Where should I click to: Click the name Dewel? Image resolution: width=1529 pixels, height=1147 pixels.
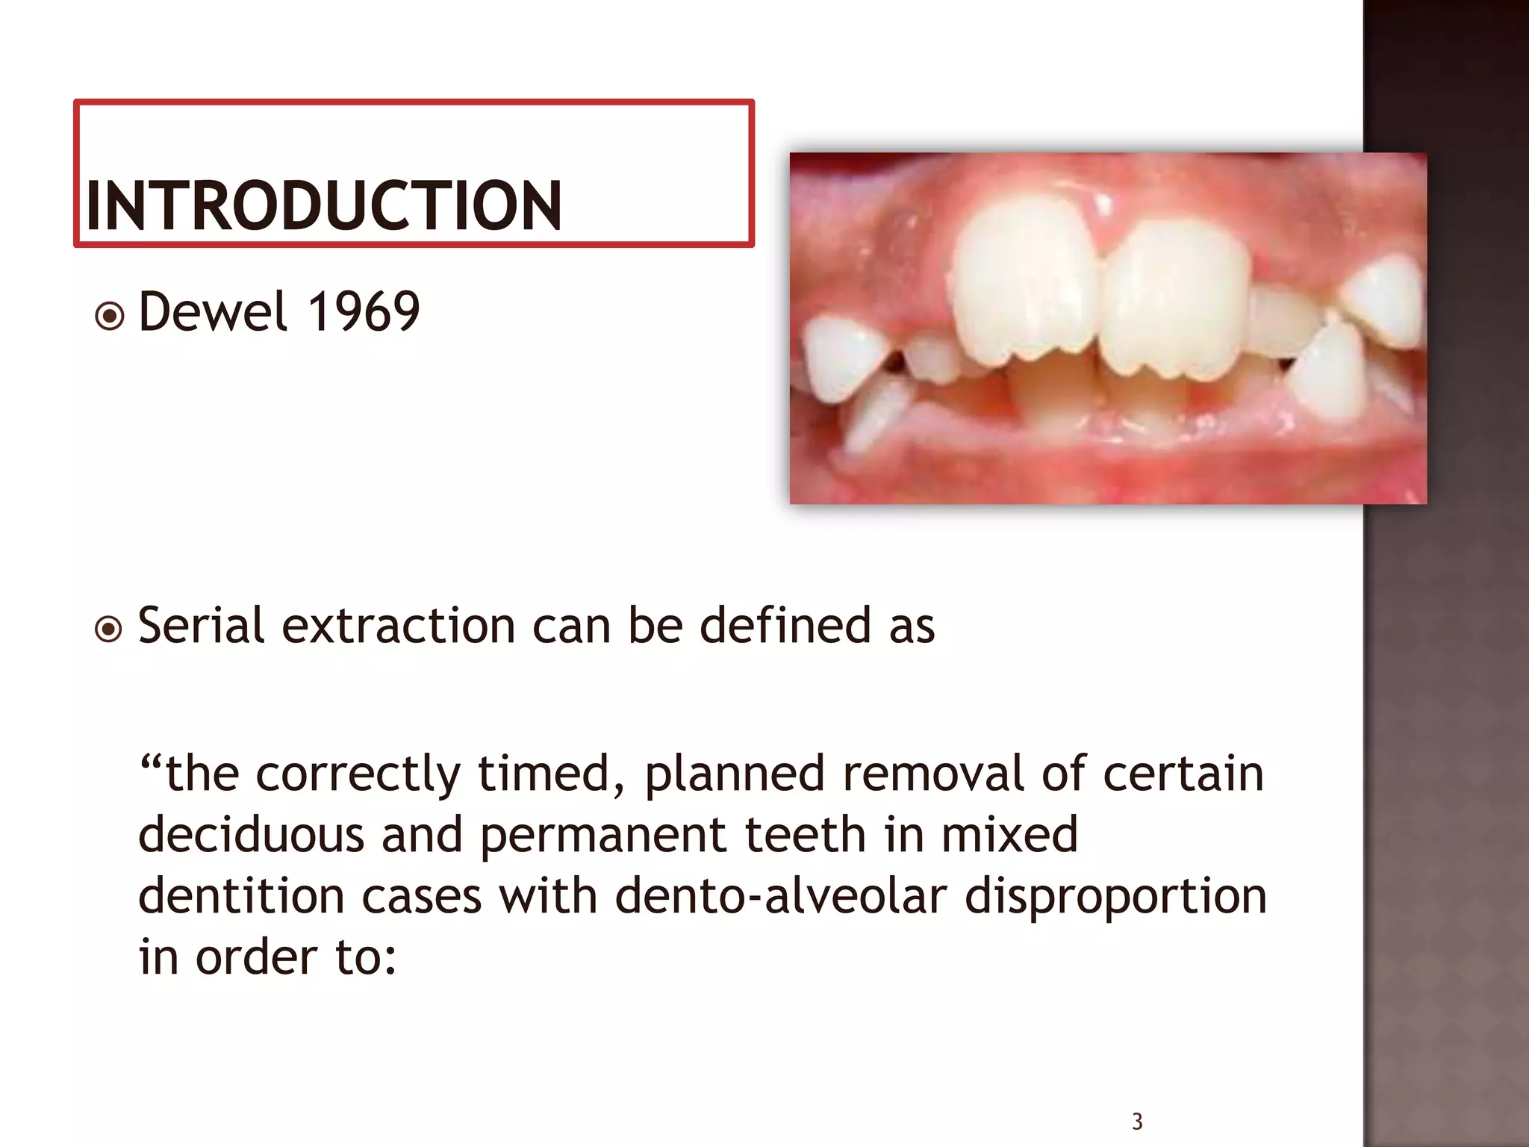213,312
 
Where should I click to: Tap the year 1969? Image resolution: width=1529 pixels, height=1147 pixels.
364,312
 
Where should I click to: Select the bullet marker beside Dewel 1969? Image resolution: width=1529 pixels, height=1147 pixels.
110,316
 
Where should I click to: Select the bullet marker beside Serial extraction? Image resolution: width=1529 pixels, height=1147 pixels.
110,630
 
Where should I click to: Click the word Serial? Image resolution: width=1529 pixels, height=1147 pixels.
201,626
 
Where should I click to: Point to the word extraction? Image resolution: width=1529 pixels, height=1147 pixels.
398,626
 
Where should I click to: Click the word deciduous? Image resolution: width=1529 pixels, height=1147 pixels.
251,835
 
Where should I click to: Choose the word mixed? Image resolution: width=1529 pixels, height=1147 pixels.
1009,835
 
